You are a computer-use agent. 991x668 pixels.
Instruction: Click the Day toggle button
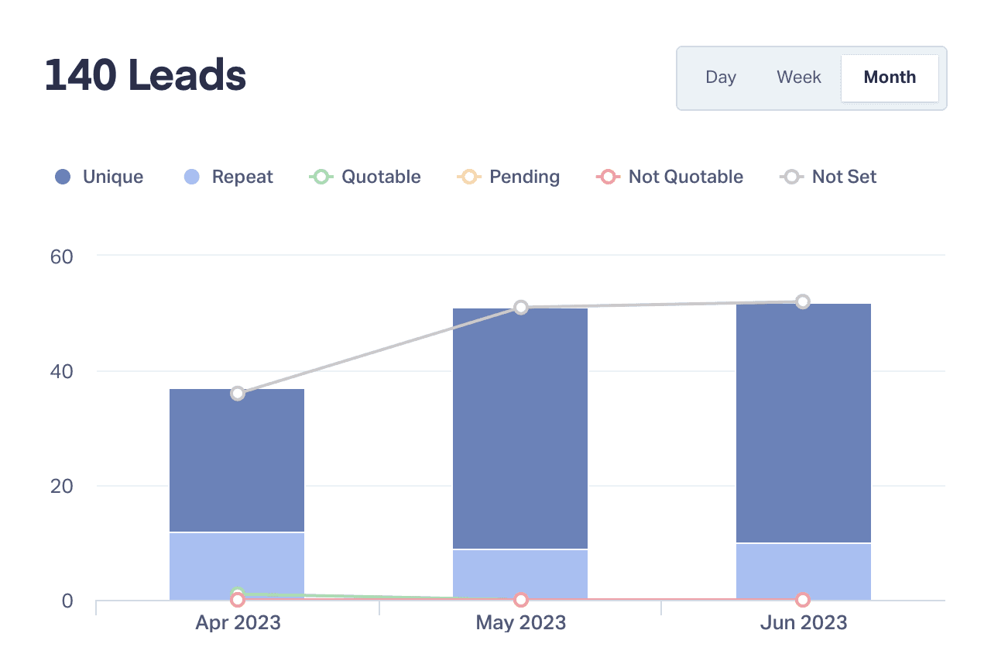click(720, 77)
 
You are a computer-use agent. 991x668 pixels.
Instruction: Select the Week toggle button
click(799, 77)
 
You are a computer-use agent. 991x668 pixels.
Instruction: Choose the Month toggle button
click(890, 77)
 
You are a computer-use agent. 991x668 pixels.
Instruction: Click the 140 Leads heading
click(146, 76)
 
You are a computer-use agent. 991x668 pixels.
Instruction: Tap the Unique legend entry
click(99, 177)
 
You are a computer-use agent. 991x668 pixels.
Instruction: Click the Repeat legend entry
click(228, 177)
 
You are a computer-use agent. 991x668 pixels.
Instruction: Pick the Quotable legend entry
click(365, 177)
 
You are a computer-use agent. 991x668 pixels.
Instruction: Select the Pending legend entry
click(509, 177)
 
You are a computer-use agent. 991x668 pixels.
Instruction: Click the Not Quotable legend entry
click(670, 177)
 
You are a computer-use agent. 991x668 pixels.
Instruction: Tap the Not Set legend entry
click(828, 177)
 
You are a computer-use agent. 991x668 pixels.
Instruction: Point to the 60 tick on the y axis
click(61, 256)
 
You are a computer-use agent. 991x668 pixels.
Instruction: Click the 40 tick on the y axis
click(61, 371)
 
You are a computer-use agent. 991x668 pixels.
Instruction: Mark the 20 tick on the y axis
click(61, 486)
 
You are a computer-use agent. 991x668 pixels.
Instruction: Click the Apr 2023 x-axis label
click(238, 622)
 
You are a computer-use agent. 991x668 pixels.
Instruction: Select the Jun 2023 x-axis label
click(803, 622)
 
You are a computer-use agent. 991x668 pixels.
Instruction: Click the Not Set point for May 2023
click(521, 308)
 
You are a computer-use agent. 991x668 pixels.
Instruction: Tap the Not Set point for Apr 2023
click(238, 393)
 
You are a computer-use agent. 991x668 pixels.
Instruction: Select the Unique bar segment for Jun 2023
click(803, 422)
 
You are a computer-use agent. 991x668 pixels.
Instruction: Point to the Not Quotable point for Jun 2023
click(803, 600)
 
